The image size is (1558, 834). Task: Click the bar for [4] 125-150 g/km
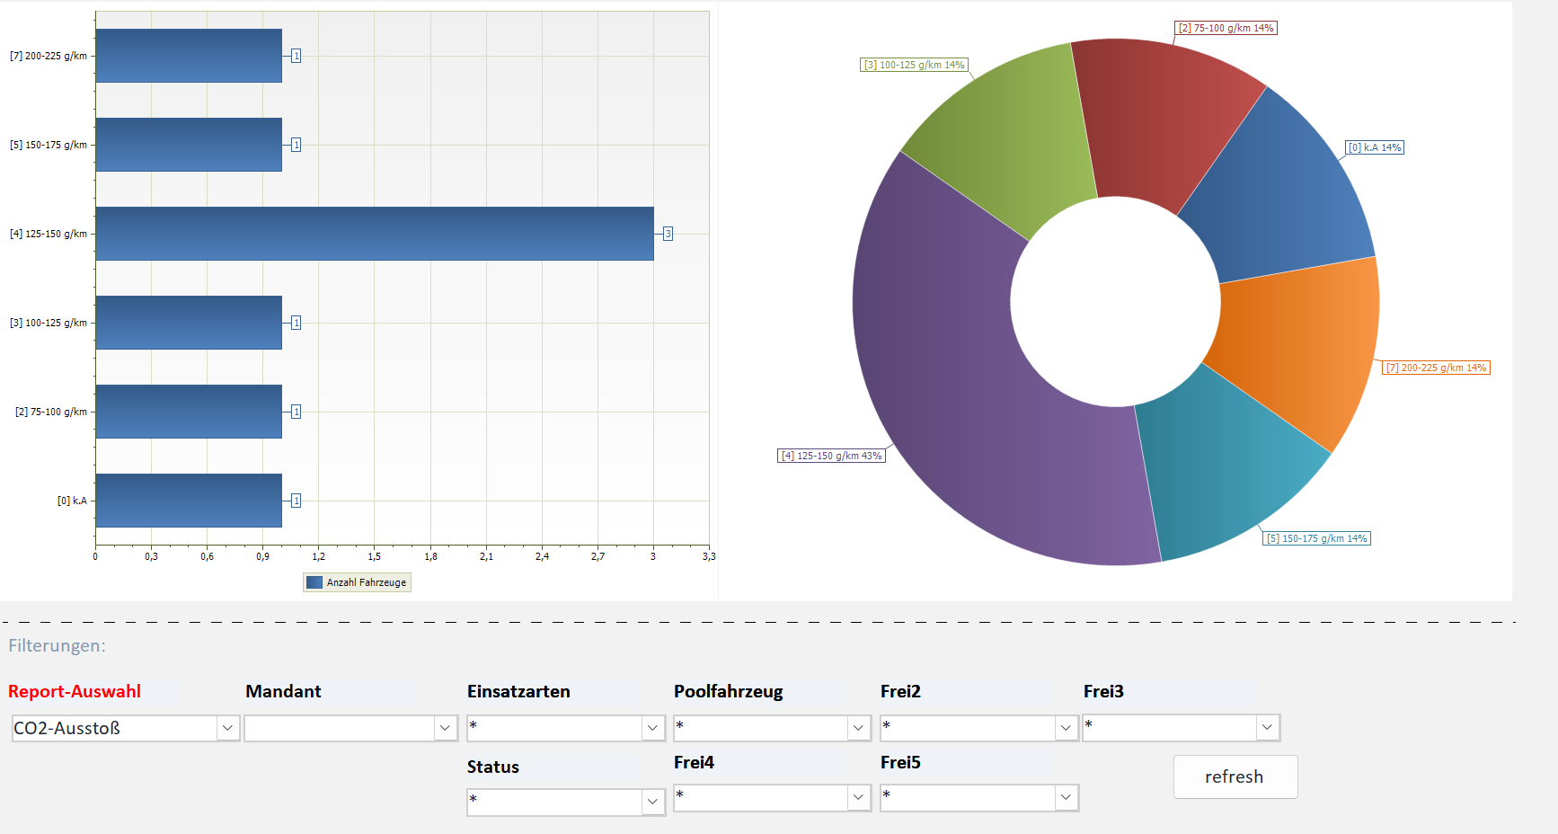(x=375, y=234)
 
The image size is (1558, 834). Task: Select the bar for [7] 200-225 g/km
(x=189, y=56)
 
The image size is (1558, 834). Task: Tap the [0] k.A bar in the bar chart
(x=189, y=501)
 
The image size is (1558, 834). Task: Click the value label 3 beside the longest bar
(x=668, y=234)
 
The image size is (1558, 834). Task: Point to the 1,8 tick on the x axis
(x=430, y=556)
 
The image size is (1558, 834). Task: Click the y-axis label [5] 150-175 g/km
(x=49, y=145)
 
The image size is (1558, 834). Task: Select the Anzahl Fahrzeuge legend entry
(x=357, y=582)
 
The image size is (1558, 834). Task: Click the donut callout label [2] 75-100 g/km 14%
(x=1226, y=28)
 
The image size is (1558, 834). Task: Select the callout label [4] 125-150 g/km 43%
(x=831, y=456)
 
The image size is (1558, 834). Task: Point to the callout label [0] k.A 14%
(x=1375, y=147)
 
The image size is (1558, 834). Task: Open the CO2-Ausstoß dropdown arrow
(x=227, y=728)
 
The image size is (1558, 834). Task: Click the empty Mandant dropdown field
(x=350, y=728)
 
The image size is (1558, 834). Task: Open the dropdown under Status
(x=566, y=802)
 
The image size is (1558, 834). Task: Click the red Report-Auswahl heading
(x=75, y=691)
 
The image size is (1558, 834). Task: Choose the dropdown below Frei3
(x=1181, y=727)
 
